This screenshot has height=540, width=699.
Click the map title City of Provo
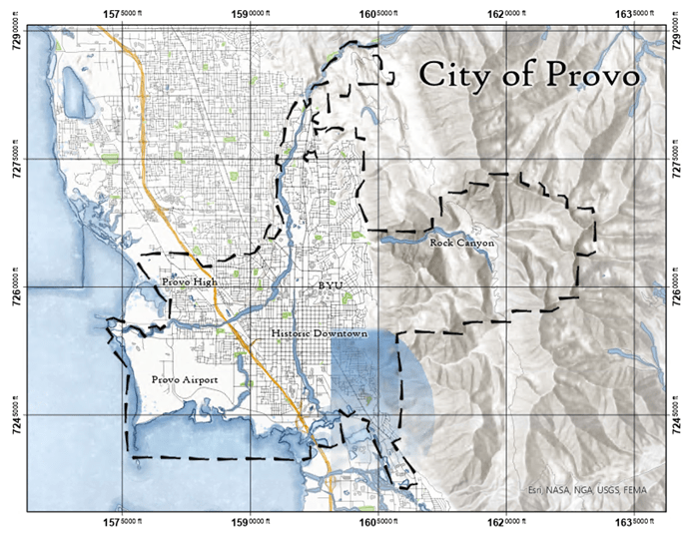point(530,76)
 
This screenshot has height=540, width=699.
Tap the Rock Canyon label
point(461,243)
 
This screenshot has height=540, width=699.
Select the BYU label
point(331,285)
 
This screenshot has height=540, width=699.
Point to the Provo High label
point(190,283)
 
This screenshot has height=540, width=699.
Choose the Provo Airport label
point(185,380)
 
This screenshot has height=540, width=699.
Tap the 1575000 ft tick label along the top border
point(126,11)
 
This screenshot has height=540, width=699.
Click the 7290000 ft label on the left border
point(13,32)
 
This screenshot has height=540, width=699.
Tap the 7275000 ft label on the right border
point(684,160)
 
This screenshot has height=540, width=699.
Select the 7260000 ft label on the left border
point(13,287)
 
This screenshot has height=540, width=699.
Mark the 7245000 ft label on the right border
point(684,415)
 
